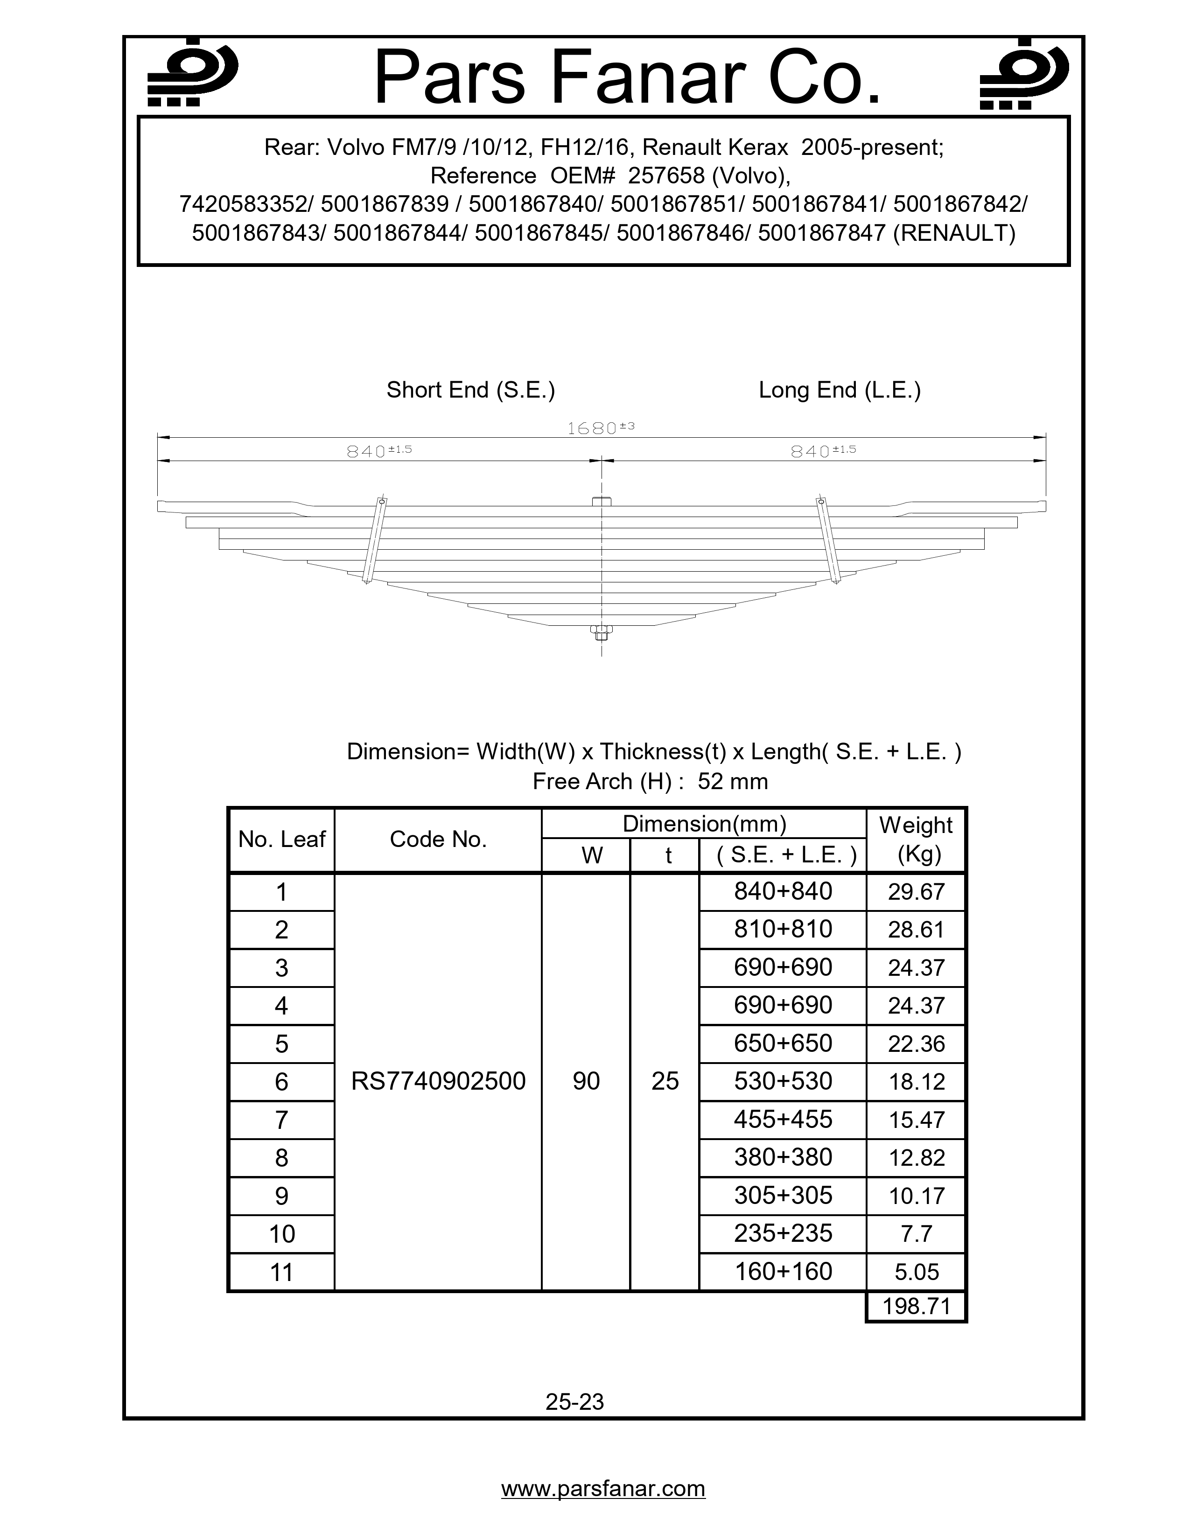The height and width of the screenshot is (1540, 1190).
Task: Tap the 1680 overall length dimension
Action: [601, 428]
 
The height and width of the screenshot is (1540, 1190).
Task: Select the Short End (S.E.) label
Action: [470, 390]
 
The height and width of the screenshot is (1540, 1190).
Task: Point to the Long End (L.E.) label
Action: [839, 390]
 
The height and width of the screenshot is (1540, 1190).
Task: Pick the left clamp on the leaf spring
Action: [374, 541]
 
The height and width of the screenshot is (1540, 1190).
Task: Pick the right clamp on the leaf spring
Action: [828, 541]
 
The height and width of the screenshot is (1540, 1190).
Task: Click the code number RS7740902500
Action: [438, 1081]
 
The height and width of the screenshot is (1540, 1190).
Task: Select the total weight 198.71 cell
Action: [916, 1306]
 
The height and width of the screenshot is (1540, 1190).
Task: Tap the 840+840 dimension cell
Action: [783, 891]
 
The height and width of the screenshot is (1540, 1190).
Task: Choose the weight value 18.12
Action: [916, 1082]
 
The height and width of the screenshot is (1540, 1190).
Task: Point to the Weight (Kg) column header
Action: [916, 839]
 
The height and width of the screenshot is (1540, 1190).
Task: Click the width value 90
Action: [586, 1081]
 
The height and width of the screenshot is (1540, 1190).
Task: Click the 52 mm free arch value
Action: [733, 781]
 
